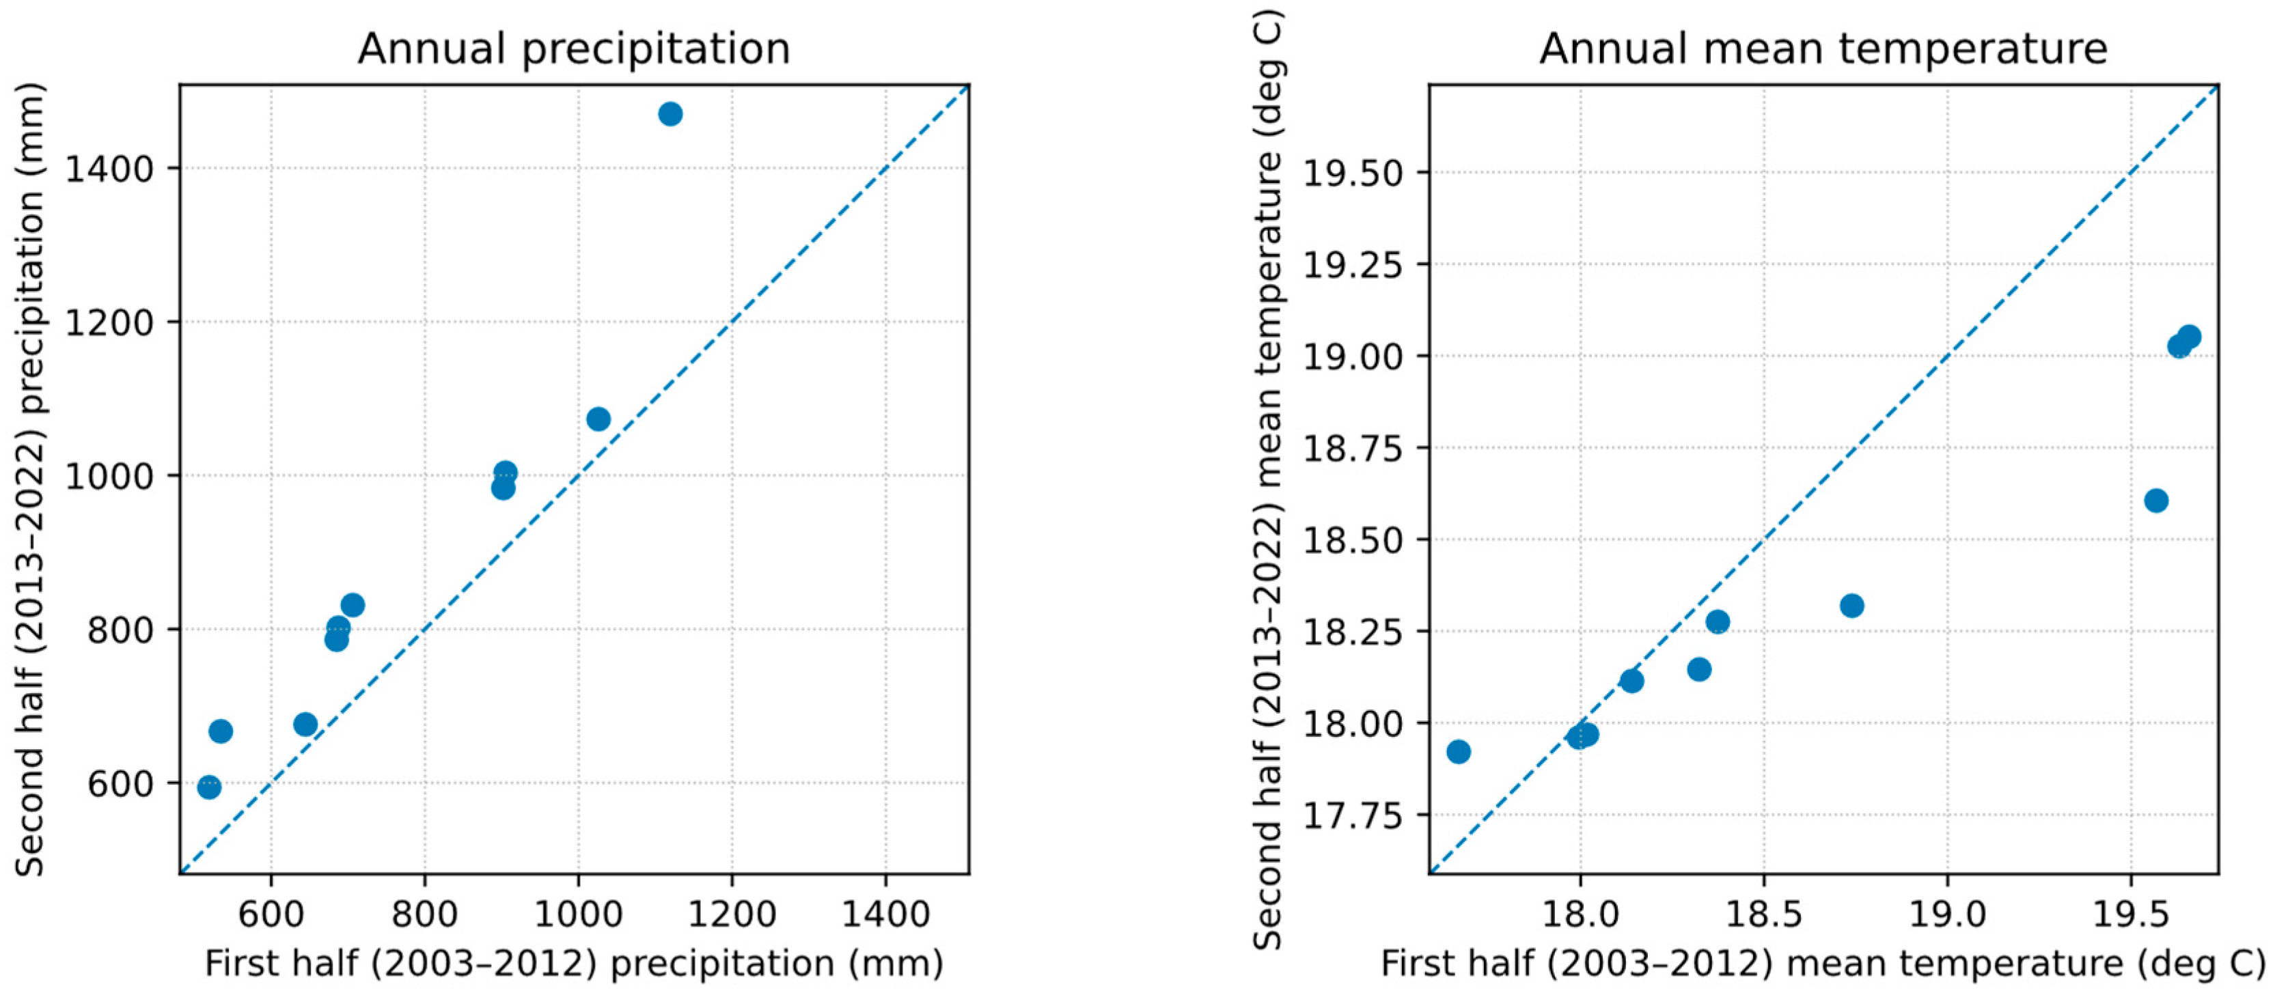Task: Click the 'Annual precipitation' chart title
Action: (x=574, y=48)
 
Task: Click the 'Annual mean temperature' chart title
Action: (x=1823, y=48)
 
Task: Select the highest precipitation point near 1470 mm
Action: (x=670, y=114)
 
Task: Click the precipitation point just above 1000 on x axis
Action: (x=598, y=419)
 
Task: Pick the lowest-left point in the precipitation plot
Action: (x=208, y=787)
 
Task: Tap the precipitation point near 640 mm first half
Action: (x=305, y=724)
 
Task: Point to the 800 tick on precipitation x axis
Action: (x=425, y=914)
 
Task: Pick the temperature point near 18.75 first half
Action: (x=1852, y=606)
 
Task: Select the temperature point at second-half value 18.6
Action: (x=2155, y=501)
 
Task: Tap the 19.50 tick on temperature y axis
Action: (x=1353, y=173)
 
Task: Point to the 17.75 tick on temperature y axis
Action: (x=1353, y=815)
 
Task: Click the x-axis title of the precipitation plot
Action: (x=574, y=964)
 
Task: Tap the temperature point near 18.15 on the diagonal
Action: (x=1631, y=681)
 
